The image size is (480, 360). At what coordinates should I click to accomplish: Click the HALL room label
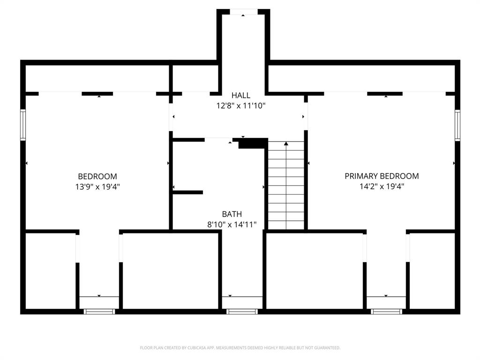(240, 95)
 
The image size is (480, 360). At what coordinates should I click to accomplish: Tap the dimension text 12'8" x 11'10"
(240, 106)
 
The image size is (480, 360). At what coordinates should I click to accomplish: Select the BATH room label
(232, 214)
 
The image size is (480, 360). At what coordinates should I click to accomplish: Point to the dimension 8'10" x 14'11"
(232, 225)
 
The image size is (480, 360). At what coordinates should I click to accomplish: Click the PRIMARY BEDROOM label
(382, 176)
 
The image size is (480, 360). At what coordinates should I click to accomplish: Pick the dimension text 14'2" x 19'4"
(382, 186)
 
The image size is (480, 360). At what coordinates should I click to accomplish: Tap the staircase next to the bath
(286, 187)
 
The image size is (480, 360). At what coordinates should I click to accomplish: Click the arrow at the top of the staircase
(286, 143)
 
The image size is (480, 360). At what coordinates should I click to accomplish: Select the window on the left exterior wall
(22, 125)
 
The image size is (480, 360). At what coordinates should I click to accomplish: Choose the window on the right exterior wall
(457, 125)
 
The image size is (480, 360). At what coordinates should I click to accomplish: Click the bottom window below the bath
(242, 311)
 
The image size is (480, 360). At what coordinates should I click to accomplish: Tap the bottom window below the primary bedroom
(386, 311)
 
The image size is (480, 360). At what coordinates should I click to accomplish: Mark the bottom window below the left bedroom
(99, 311)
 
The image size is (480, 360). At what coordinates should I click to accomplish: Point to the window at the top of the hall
(243, 12)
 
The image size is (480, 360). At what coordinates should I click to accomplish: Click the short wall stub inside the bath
(188, 192)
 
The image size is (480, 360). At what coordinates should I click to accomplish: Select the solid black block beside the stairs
(253, 143)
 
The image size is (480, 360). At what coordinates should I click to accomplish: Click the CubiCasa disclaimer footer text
(240, 348)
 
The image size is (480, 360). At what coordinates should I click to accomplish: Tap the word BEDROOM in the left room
(97, 176)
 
